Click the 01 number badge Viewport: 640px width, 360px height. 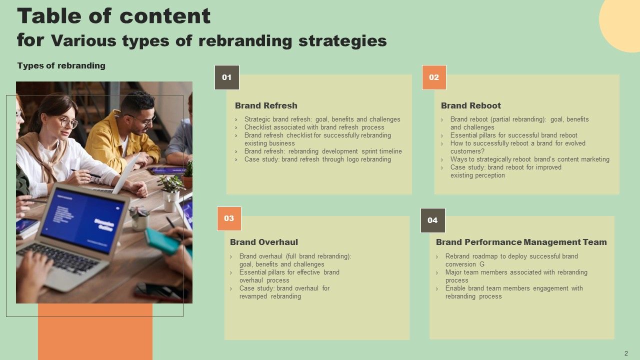[x=227, y=77]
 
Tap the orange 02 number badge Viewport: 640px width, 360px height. [x=434, y=77]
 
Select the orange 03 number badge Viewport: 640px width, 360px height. [x=229, y=218]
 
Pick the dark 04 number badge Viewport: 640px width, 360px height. [x=432, y=220]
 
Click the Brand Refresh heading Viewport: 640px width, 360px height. [x=266, y=105]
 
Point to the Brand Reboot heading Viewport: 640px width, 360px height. [x=470, y=105]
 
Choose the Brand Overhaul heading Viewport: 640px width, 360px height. [x=263, y=242]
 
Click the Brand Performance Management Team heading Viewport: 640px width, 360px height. [x=521, y=242]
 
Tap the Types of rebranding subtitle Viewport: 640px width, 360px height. [x=61, y=65]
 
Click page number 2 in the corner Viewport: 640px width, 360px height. [x=626, y=353]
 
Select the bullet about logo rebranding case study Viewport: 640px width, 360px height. [x=317, y=159]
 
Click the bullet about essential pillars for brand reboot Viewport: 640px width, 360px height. [x=513, y=135]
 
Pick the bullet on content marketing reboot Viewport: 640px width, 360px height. [x=529, y=159]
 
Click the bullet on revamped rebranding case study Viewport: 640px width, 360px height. [x=284, y=292]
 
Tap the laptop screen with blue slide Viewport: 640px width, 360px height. [x=82, y=220]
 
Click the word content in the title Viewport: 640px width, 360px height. [x=164, y=16]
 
